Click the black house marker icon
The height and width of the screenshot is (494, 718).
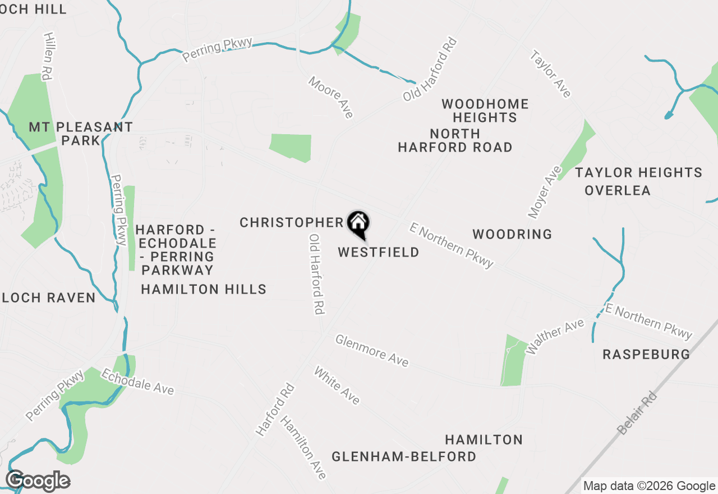(x=358, y=223)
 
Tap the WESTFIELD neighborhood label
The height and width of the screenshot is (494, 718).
(x=379, y=253)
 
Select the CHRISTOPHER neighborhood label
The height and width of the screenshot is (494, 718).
(x=291, y=223)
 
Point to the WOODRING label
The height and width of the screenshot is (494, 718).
(x=512, y=234)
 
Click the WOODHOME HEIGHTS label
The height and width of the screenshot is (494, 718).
(x=485, y=111)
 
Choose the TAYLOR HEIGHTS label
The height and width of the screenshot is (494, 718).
(x=638, y=172)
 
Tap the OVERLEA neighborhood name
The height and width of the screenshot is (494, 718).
(x=618, y=190)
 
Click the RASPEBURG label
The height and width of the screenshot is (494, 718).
(x=646, y=354)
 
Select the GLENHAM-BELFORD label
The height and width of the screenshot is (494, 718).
(x=404, y=456)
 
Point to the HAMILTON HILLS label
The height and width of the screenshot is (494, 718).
(x=204, y=289)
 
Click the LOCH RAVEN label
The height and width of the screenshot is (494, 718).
(x=49, y=298)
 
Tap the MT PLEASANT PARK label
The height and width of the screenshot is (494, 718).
(x=81, y=134)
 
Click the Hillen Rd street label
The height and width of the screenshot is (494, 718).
(x=47, y=56)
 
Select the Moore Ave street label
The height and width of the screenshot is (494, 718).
(x=331, y=97)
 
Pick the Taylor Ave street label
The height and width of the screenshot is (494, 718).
(x=551, y=74)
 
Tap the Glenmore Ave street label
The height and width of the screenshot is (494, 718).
(x=372, y=350)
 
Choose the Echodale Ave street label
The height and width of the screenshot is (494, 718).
(x=137, y=382)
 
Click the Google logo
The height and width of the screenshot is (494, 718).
(x=38, y=481)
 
